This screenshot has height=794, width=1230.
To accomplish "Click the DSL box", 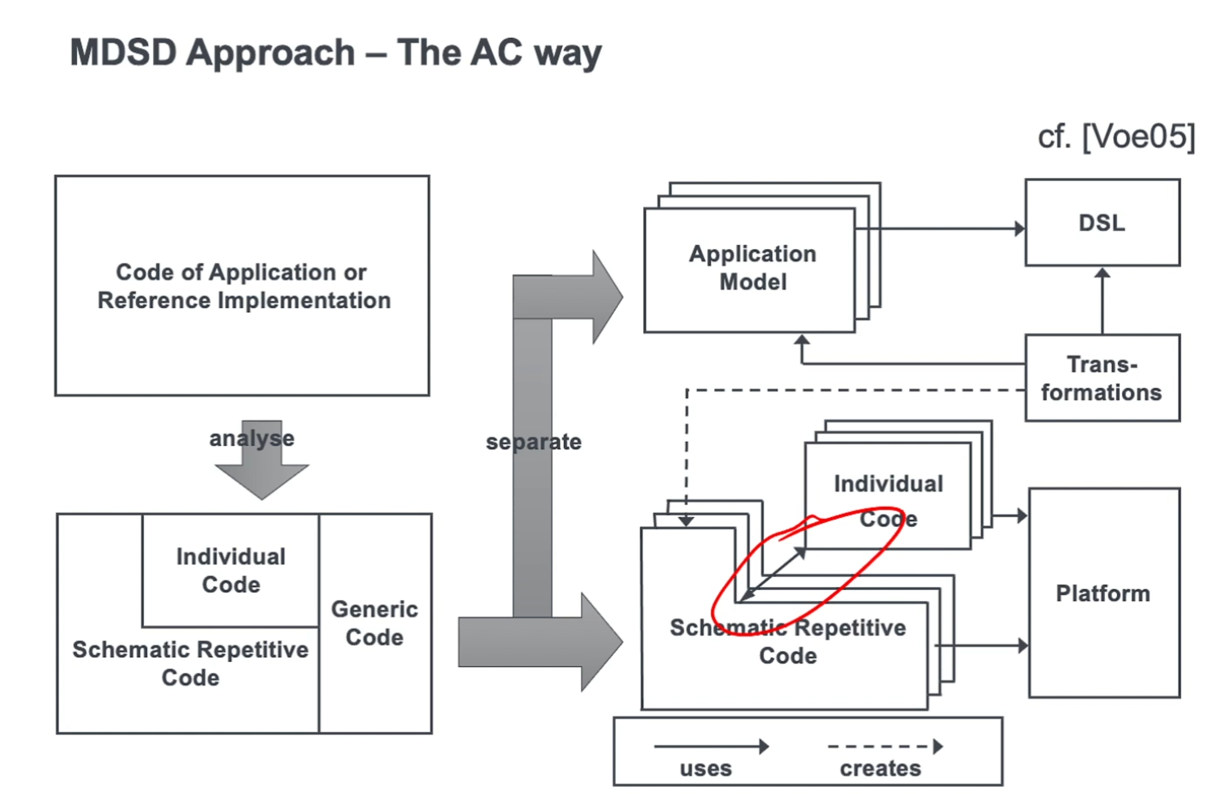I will pyautogui.click(x=1102, y=223).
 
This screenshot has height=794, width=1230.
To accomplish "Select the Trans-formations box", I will pyautogui.click(x=1102, y=378).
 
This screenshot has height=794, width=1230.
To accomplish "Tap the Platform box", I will pyautogui.click(x=1104, y=593).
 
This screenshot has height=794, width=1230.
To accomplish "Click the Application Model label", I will pyautogui.click(x=752, y=267).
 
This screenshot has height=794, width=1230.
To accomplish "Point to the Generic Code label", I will pyautogui.click(x=374, y=623).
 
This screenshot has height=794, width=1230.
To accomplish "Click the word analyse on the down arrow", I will pyautogui.click(x=252, y=439).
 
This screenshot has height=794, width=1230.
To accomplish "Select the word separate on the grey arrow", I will pyautogui.click(x=534, y=442).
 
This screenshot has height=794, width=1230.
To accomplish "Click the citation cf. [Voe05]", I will pyautogui.click(x=1116, y=137).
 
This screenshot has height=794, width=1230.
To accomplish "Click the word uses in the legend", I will pyautogui.click(x=706, y=768).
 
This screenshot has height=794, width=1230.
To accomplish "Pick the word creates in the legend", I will pyautogui.click(x=880, y=768).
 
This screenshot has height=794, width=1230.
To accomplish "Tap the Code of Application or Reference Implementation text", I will pyautogui.click(x=243, y=286).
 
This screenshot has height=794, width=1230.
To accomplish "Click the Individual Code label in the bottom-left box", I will pyautogui.click(x=231, y=570).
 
